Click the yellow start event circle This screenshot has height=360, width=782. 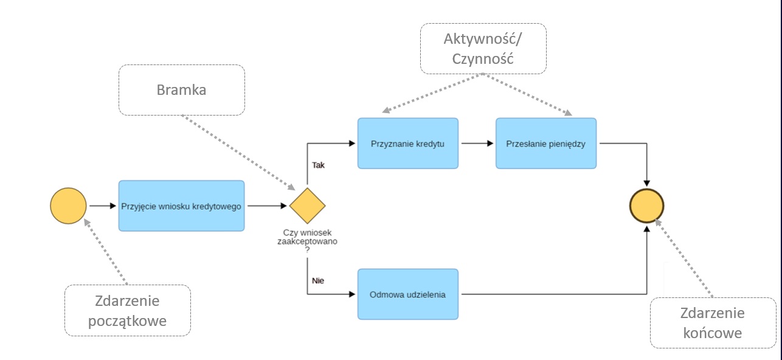point(68,206)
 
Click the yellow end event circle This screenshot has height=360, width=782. point(646,206)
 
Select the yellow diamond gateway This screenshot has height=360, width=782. point(307,206)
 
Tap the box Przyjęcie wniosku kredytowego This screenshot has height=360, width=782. point(181,206)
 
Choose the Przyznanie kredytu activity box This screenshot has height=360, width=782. point(407,144)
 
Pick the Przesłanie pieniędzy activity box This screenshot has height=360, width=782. point(545,144)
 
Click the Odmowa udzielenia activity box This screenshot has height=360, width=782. point(407,294)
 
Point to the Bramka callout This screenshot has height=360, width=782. point(181,90)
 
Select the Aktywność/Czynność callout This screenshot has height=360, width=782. point(482,49)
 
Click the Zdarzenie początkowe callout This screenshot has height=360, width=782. point(127,310)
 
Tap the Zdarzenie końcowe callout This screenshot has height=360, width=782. point(712,323)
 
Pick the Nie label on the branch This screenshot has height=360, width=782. point(317,281)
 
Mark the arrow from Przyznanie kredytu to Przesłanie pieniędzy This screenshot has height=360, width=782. point(477,144)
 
